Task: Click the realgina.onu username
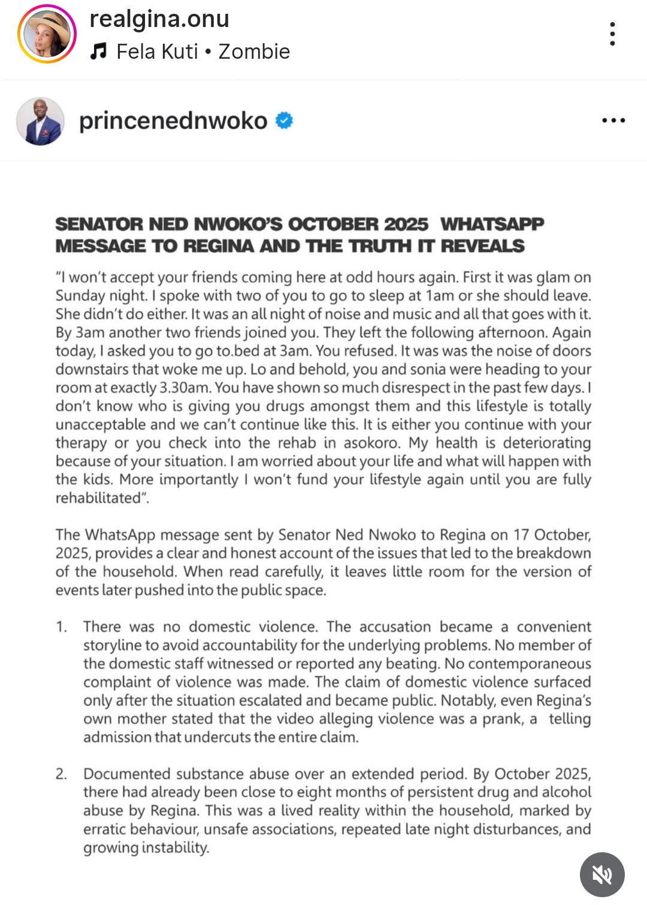[x=159, y=19]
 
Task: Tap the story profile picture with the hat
[x=47, y=34]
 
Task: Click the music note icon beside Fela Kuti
[x=98, y=52]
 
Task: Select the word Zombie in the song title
[x=254, y=52]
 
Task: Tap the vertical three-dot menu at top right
[x=612, y=34]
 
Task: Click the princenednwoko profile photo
[x=40, y=121]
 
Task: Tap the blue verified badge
[x=284, y=120]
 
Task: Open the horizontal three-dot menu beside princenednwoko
[x=613, y=120]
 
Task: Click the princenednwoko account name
[x=173, y=121]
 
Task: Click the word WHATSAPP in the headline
[x=492, y=224]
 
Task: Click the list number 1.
[x=61, y=627]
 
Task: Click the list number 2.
[x=61, y=774]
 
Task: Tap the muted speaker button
[x=601, y=874]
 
